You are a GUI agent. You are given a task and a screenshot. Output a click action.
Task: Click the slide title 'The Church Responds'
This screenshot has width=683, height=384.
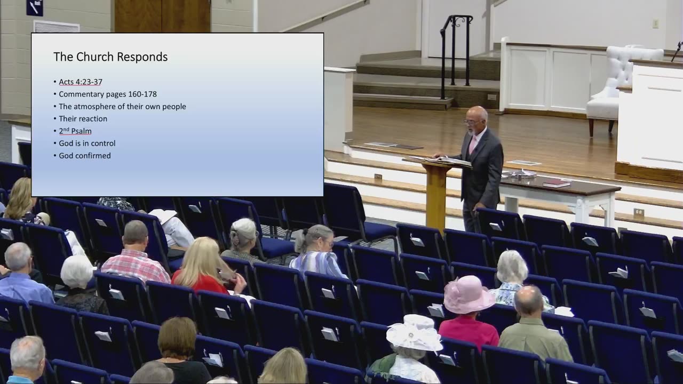[110, 57]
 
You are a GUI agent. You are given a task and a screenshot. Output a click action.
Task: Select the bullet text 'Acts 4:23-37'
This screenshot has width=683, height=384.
[81, 82]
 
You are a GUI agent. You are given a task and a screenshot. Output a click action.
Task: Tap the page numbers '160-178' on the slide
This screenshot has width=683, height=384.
[142, 94]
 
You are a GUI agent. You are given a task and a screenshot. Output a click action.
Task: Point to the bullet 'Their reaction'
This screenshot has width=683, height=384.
[83, 118]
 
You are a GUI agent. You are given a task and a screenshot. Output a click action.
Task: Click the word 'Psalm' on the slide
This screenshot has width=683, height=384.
[81, 131]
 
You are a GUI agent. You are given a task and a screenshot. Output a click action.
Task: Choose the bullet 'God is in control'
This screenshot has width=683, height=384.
[87, 143]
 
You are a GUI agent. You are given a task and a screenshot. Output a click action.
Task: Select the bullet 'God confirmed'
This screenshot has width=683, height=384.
[85, 155]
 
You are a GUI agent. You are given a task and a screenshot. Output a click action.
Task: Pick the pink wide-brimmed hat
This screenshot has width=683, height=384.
[468, 295]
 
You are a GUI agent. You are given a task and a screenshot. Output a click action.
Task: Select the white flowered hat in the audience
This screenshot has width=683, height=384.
[414, 333]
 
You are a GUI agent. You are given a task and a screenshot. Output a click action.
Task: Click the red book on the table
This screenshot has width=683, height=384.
[557, 183]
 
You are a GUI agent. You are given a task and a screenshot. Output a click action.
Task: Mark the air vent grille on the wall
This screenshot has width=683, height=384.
[57, 27]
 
